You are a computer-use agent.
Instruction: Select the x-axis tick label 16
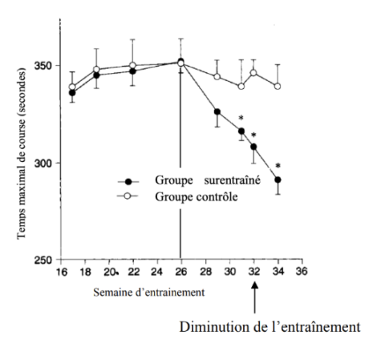60,272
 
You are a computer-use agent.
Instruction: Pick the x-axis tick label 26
180,272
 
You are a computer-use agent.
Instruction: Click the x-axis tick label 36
302,272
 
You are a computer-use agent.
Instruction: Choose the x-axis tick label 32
253,272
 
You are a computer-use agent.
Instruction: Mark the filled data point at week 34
278,180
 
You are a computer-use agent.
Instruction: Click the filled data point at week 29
217,112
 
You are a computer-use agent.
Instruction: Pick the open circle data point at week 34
278,86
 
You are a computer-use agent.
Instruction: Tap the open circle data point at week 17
72,87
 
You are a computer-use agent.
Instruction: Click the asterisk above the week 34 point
278,165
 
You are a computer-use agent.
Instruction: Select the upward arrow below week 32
253,301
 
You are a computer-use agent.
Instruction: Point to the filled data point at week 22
132,71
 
